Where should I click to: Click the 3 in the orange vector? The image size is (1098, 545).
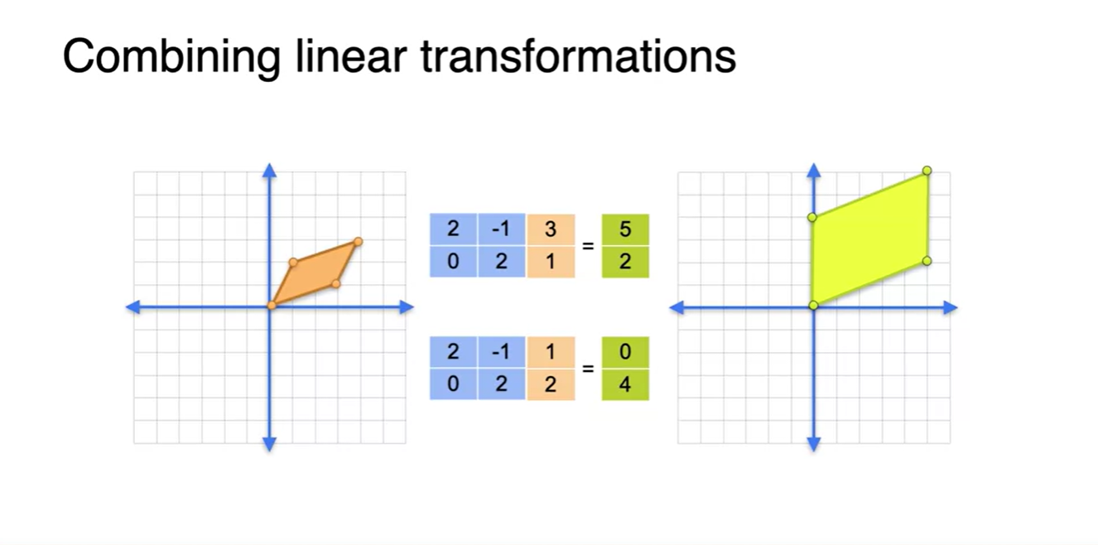click(551, 229)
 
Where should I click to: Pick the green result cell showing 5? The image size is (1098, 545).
click(625, 229)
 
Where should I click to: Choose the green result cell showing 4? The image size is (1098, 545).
click(625, 384)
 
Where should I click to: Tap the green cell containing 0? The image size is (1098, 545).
click(625, 352)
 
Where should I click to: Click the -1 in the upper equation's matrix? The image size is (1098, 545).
click(501, 229)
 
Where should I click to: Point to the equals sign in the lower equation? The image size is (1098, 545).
click(589, 369)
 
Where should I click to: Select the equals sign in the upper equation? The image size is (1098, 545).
click(589, 246)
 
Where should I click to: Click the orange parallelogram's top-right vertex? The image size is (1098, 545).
click(358, 242)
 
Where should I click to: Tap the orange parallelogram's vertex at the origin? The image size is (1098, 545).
click(271, 306)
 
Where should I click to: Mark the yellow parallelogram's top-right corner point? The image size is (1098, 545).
click(927, 171)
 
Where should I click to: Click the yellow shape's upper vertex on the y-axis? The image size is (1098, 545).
click(812, 217)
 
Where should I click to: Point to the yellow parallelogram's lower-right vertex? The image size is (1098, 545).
click(927, 261)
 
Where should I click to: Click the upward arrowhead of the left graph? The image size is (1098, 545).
click(269, 170)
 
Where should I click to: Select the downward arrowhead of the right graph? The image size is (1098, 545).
click(813, 445)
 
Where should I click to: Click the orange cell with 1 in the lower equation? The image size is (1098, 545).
click(551, 352)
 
